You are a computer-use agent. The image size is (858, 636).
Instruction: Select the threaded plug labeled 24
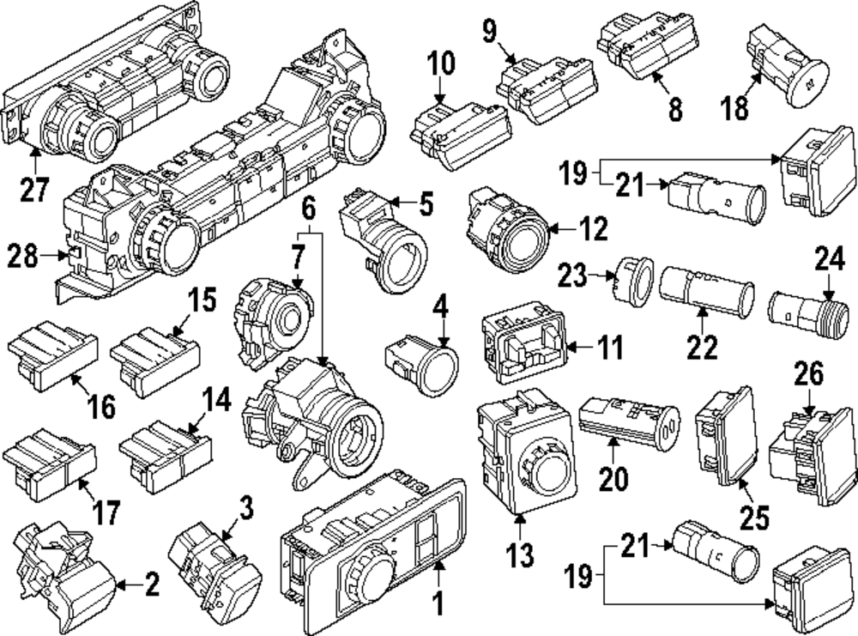806,308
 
